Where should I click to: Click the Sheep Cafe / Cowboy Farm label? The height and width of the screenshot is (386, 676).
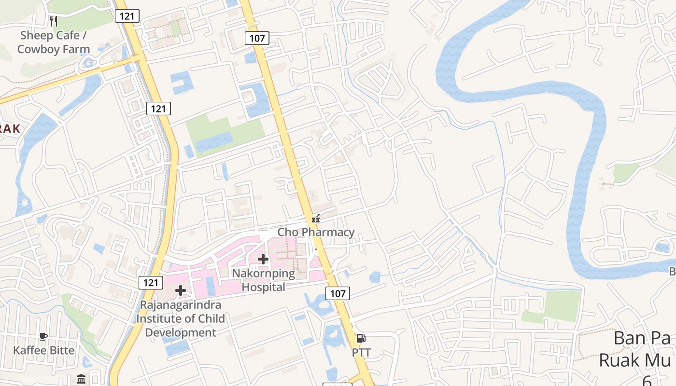53,42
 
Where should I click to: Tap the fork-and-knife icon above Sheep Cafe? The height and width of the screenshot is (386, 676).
54,21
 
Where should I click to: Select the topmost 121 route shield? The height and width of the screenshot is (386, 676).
127,16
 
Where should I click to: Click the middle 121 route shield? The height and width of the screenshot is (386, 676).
158,109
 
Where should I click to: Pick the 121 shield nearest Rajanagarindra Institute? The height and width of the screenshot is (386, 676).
151,283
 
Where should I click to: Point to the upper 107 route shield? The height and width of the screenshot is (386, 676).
257,38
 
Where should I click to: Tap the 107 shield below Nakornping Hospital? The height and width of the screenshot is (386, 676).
338,293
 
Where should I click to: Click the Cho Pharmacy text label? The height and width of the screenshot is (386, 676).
316,232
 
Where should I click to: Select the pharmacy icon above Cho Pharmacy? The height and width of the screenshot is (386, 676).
316,219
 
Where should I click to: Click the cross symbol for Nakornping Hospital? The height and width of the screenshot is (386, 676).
263,259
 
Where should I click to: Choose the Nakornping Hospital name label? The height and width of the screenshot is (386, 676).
263,280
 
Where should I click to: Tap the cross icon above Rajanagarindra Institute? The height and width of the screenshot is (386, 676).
181,290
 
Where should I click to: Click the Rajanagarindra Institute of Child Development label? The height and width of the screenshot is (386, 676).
180,319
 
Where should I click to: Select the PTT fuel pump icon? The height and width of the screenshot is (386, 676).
361,338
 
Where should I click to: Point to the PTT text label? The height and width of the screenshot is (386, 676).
361,353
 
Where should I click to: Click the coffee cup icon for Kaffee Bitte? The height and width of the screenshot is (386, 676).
43,336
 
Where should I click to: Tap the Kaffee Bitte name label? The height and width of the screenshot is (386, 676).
44,350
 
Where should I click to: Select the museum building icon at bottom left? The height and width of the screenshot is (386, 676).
81,378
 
